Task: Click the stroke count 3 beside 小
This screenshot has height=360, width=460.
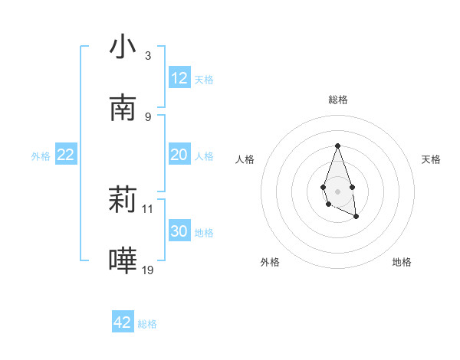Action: tap(148, 56)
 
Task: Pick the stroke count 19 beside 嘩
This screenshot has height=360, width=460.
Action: tap(149, 270)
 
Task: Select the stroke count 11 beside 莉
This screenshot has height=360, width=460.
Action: tap(149, 208)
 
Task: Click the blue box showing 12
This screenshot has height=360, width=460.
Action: tap(179, 78)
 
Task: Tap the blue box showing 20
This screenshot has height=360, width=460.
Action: tap(179, 155)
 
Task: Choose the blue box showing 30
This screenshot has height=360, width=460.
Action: tap(179, 231)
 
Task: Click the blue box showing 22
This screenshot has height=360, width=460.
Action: tap(66, 155)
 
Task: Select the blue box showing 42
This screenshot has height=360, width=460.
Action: tap(123, 322)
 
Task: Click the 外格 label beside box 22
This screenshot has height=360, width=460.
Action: tap(41, 155)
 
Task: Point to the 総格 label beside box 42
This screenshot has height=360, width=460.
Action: tap(147, 323)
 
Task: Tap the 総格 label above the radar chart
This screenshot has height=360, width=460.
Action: tap(337, 100)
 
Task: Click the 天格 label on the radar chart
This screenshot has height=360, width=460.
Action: tap(431, 159)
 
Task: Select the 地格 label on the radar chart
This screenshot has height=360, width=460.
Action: tap(402, 262)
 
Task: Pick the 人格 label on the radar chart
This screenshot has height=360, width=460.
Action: tap(245, 159)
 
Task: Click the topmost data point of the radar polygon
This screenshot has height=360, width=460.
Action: tap(337, 146)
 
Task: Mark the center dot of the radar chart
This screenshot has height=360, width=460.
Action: tap(337, 190)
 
